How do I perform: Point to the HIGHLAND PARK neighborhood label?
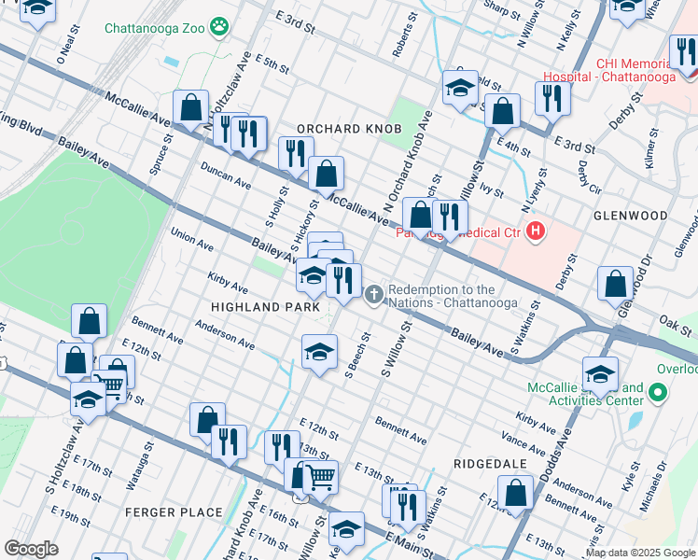point(266,307)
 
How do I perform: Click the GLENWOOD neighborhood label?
point(631,216)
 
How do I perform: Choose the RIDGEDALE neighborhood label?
point(491,464)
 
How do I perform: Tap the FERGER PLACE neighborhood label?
point(176,512)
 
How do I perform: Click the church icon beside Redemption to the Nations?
point(374,295)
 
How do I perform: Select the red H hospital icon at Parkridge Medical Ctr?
point(535,231)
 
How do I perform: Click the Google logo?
point(31,549)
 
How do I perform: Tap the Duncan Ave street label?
point(225,174)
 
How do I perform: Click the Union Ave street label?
point(191,240)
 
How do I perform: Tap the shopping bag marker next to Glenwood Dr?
point(616,284)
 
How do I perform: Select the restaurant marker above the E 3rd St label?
point(553,98)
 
